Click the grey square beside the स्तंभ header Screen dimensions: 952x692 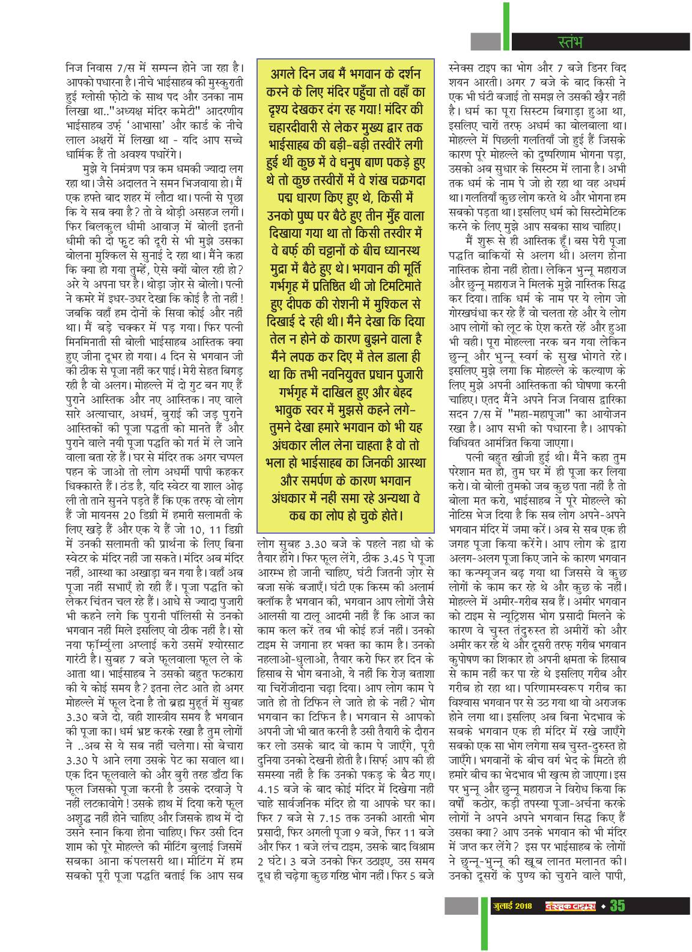(485, 41)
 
